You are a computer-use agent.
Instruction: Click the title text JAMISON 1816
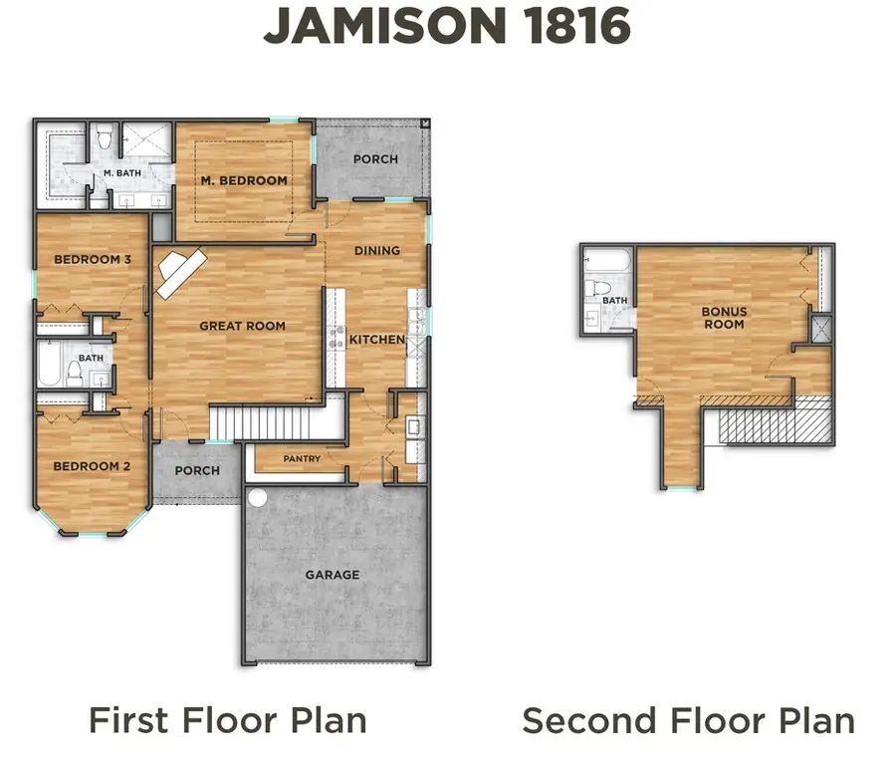(447, 27)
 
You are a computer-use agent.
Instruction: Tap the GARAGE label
(333, 575)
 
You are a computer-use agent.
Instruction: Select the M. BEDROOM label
(244, 181)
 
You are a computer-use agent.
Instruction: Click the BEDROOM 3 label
(93, 260)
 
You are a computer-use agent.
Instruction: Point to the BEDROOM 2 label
(92, 466)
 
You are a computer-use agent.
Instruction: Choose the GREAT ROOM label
(242, 326)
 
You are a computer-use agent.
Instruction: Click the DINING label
(377, 251)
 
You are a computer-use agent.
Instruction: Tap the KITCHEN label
(376, 340)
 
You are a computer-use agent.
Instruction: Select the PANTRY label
(302, 459)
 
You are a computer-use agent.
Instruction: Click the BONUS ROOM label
(724, 318)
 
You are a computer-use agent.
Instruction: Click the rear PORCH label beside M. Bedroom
(375, 159)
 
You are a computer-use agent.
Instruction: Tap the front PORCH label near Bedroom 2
(197, 470)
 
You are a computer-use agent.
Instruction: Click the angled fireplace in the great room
(178, 270)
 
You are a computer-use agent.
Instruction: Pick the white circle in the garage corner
(258, 495)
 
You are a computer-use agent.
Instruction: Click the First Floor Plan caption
(227, 719)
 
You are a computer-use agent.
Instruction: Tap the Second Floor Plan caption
(688, 719)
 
